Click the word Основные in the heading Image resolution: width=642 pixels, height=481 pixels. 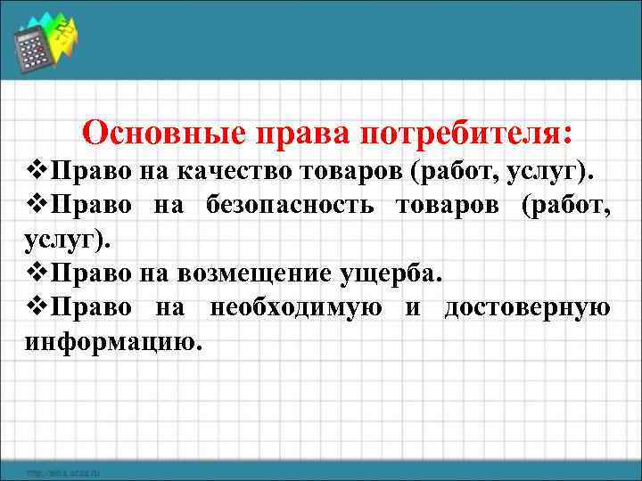163,134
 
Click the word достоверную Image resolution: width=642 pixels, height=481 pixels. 527,307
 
